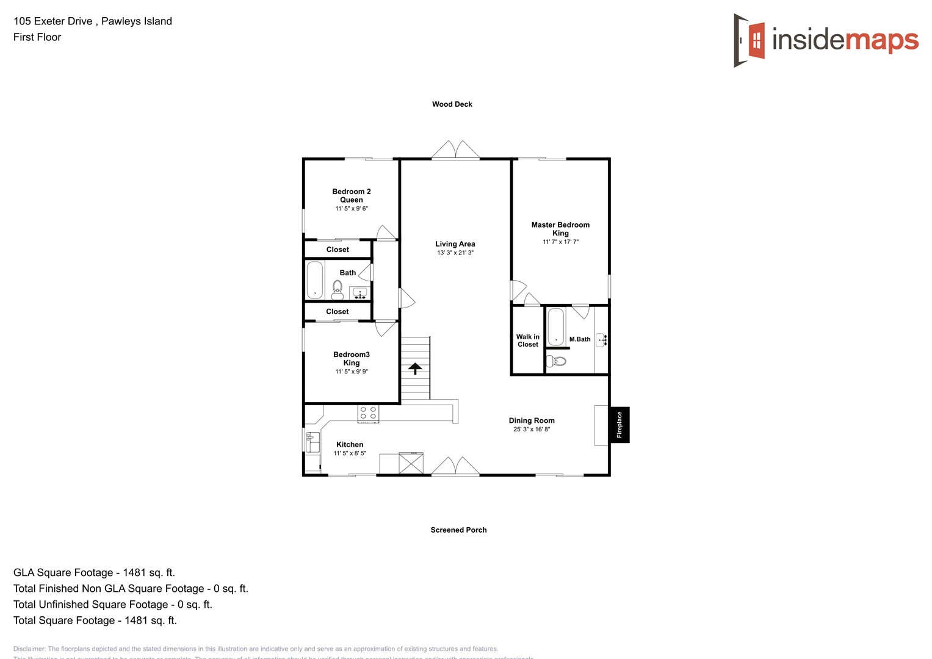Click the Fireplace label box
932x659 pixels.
[620, 425]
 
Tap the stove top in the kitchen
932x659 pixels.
[368, 413]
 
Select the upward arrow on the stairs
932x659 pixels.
[415, 368]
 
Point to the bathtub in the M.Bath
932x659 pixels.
[555, 326]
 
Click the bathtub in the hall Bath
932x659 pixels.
[314, 279]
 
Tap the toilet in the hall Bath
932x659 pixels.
[338, 289]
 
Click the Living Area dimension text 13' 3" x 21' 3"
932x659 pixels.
[455, 253]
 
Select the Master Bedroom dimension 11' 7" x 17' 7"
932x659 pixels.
[560, 242]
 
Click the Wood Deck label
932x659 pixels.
[452, 104]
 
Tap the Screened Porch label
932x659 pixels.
[458, 530]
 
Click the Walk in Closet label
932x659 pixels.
[528, 340]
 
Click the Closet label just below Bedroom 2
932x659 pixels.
[338, 250]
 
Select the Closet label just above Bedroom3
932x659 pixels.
[338, 312]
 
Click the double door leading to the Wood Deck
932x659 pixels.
[455, 151]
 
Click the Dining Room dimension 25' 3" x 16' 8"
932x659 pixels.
[532, 430]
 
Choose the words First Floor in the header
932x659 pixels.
[37, 37]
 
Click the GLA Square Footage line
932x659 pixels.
[94, 572]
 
